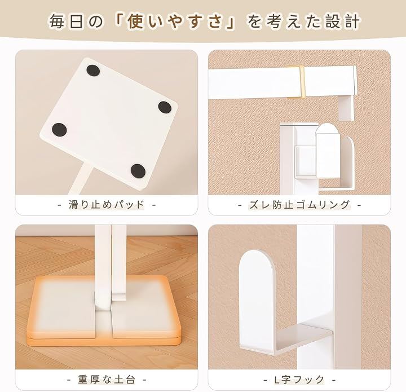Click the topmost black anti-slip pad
93,71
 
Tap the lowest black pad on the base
138,171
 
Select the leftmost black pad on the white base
59,130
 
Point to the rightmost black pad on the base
165,107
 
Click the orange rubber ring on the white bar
296,82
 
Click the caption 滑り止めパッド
106,205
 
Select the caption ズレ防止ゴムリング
299,205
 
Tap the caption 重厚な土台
107,380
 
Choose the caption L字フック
299,380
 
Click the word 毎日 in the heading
67,21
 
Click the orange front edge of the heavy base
104,341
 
